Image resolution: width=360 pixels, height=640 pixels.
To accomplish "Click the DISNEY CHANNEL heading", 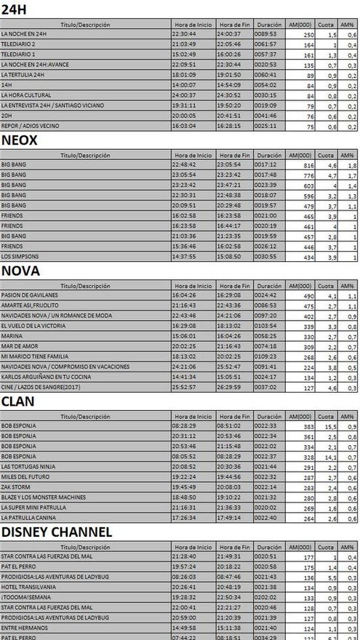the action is point(57,532).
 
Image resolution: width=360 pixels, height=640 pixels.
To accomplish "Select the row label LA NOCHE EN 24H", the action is point(25,34).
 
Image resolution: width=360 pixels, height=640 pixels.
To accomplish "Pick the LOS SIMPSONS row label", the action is point(20,257).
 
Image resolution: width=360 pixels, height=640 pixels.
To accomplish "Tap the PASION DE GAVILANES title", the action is point(30,295).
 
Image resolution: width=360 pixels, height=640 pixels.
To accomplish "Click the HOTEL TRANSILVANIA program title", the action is point(28,586).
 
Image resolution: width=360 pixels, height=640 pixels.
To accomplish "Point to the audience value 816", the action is point(307,165).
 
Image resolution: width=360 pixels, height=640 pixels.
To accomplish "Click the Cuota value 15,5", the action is point(327,425).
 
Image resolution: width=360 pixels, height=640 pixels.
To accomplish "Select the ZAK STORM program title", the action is point(15,487).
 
